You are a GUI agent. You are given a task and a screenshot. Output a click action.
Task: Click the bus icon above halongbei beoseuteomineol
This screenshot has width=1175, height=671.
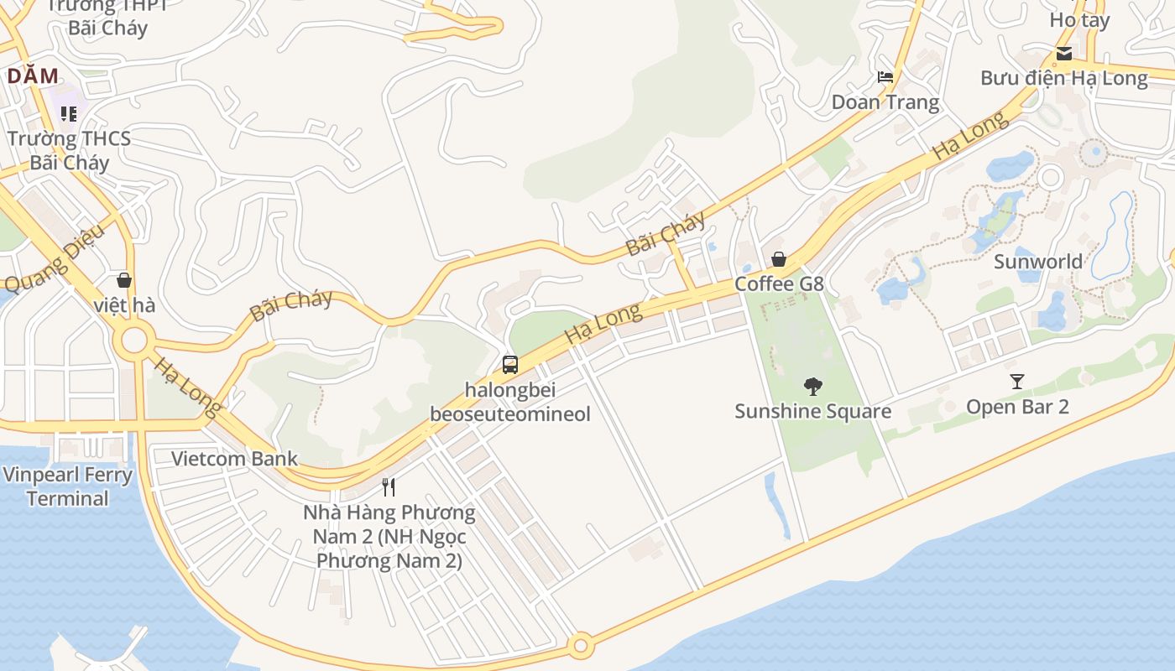[510, 365]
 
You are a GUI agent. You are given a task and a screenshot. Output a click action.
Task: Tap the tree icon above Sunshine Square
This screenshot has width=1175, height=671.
[812, 387]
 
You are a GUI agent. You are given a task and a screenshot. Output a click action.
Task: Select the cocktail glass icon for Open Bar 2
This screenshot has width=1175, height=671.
[1017, 382]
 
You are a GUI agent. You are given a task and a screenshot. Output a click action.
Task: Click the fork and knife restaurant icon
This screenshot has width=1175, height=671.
[389, 487]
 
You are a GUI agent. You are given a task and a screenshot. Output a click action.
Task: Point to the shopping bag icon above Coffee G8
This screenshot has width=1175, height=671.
[779, 259]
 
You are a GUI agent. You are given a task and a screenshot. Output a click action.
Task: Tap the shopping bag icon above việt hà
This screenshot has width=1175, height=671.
[124, 280]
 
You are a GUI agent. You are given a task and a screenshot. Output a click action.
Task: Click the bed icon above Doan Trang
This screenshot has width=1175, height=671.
[885, 77]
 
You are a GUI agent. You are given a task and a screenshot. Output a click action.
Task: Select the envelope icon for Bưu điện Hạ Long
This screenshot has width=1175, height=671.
[1064, 55]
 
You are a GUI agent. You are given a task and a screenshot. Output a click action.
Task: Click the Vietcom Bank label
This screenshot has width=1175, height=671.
[234, 459]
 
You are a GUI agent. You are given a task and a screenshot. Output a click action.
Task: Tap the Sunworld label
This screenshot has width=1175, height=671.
[1038, 262]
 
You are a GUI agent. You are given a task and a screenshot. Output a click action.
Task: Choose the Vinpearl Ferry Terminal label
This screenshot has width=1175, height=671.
[67, 486]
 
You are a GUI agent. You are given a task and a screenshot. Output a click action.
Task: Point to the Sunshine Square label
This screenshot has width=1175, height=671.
[812, 412]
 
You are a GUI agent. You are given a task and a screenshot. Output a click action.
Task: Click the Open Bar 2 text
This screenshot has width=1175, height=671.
[1017, 408]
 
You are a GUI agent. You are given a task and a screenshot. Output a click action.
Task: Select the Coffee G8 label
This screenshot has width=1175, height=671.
[779, 284]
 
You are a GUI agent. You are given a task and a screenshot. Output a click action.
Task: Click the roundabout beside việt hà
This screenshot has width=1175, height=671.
[133, 341]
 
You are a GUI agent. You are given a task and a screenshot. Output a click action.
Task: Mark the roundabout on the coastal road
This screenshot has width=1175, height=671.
[580, 646]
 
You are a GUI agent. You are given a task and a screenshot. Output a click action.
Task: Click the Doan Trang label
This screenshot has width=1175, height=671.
[885, 102]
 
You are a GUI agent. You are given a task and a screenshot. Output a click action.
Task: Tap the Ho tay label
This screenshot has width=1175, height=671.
[1080, 20]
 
